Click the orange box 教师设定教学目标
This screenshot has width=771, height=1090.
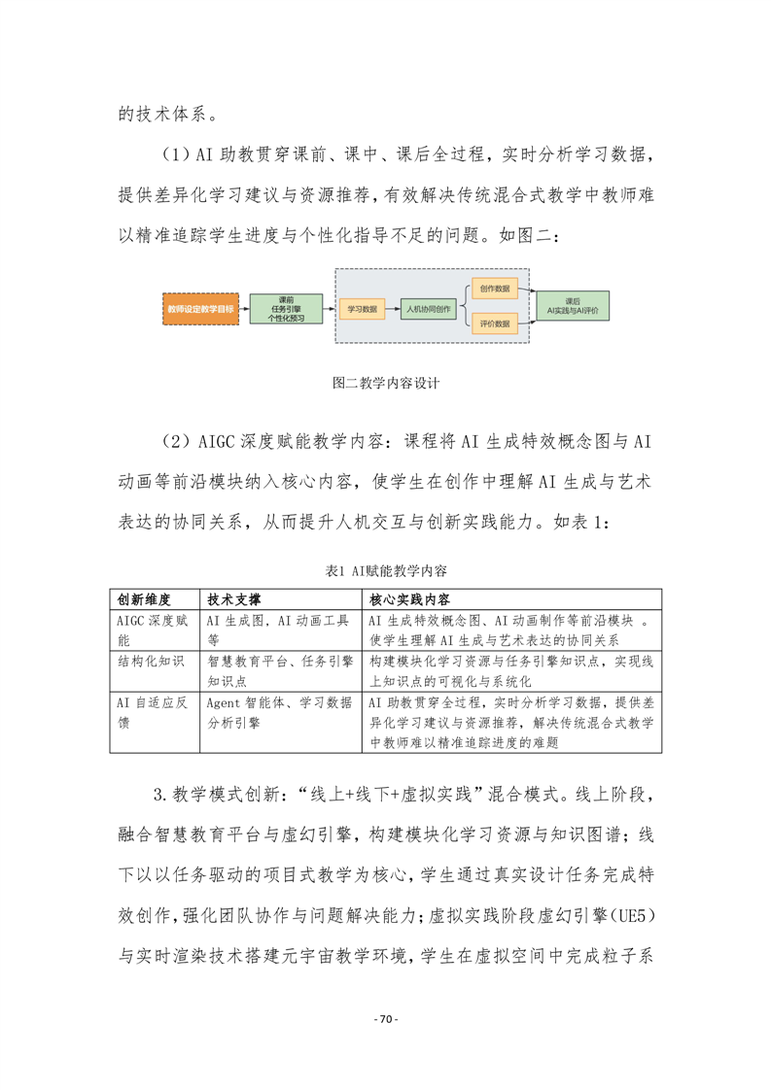point(200,307)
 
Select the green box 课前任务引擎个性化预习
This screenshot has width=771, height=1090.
point(286,307)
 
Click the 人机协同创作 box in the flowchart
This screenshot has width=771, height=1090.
point(428,307)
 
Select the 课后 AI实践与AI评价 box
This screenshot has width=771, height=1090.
point(572,307)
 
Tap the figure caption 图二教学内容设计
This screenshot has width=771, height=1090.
point(386,383)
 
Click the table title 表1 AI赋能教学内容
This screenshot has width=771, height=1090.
point(386,571)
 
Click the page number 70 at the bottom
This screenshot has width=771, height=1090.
point(386,1020)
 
